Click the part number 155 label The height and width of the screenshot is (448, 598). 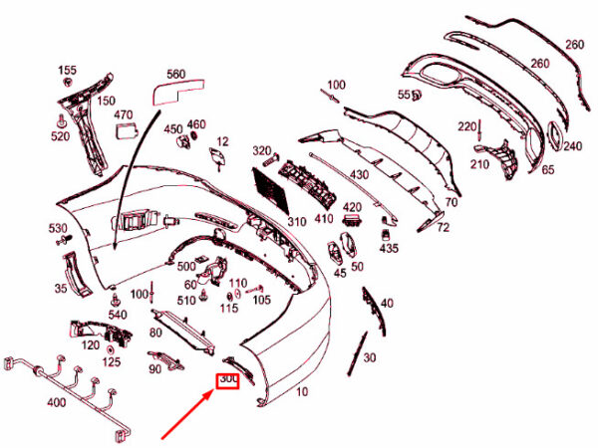pos(66,71)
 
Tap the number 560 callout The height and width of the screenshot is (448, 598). pos(175,75)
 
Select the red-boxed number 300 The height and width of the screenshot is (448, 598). pos(228,379)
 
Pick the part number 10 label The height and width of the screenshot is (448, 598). pos(301,392)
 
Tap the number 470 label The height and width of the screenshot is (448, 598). pos(123,115)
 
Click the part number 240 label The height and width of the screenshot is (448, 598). pos(571,146)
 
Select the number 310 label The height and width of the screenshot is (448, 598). pos(297,221)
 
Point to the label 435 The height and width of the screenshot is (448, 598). pos(388,248)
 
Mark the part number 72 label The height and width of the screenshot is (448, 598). pos(443,228)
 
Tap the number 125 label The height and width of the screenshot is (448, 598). pos(111,361)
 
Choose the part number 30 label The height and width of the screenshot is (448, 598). pos(370,357)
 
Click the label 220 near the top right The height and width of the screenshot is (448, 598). pos(467,126)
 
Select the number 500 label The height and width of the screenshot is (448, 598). pos(186,267)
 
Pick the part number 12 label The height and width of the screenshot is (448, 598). pos(222,141)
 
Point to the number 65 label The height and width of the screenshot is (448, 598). pos(547,170)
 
